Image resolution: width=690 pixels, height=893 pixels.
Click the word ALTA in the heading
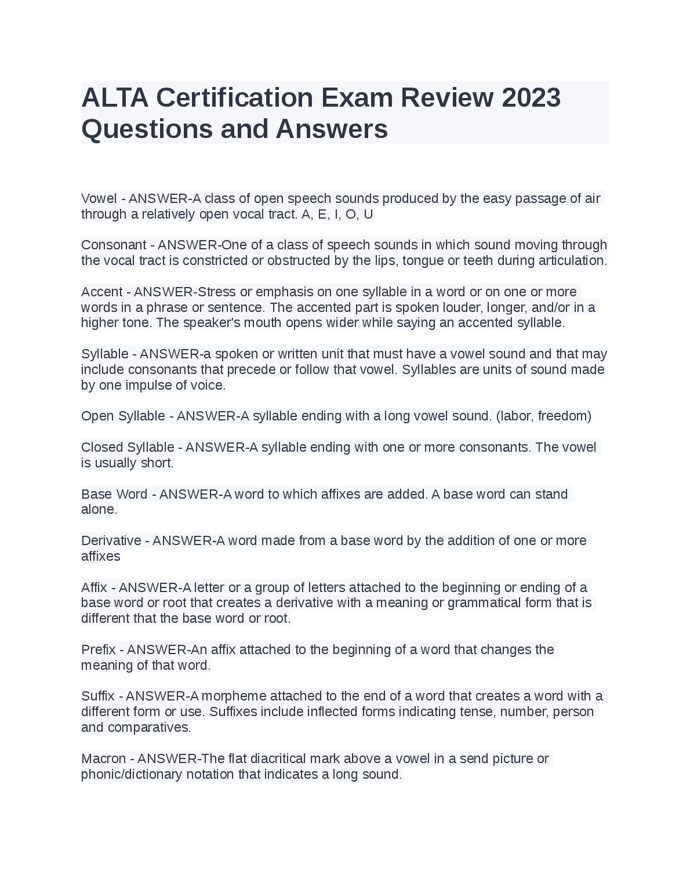pos(115,97)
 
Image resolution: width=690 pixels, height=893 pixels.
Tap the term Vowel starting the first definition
pos(99,199)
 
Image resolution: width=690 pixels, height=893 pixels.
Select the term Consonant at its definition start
pos(114,245)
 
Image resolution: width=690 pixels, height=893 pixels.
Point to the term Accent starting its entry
pos(102,292)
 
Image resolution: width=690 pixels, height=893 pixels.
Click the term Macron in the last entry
pos(103,759)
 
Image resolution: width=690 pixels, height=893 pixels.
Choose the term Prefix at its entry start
pos(99,650)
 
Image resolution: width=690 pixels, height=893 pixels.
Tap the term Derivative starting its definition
pos(111,541)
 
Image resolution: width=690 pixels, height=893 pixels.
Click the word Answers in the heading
pos(332,129)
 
